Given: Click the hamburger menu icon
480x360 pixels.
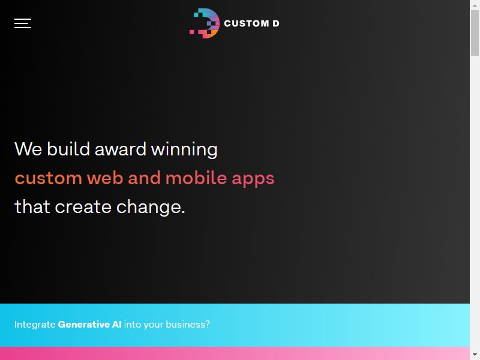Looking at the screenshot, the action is tap(23, 23).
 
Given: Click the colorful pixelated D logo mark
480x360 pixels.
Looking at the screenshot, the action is tap(205, 23).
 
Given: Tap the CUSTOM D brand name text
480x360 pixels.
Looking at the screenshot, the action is tap(251, 23).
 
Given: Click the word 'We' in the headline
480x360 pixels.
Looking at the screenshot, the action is tap(28, 149).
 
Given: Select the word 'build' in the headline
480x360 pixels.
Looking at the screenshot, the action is tap(68, 149).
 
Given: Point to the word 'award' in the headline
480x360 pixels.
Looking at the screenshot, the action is tap(121, 149).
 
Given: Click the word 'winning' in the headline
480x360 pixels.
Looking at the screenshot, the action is tap(184, 150).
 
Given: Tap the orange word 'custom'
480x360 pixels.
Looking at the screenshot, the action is tap(49, 178).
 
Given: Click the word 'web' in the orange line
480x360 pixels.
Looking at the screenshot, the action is tap(105, 178).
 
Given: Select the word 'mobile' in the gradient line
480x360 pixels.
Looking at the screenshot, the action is tap(196, 178).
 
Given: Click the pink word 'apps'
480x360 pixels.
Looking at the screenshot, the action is tap(253, 179).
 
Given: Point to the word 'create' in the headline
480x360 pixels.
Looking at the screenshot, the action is tap(83, 207).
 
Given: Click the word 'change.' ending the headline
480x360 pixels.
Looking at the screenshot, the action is tap(151, 208).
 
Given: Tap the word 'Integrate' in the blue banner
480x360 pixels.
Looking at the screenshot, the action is tap(35, 325).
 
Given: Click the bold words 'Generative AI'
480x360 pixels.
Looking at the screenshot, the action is tap(89, 324).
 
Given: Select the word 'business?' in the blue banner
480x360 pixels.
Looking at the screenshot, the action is tap(188, 324).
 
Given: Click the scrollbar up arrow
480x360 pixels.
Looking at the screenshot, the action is tap(475, 5).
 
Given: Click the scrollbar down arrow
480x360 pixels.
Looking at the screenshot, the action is tap(475, 355).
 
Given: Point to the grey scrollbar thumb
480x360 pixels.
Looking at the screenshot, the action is tap(475, 33).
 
